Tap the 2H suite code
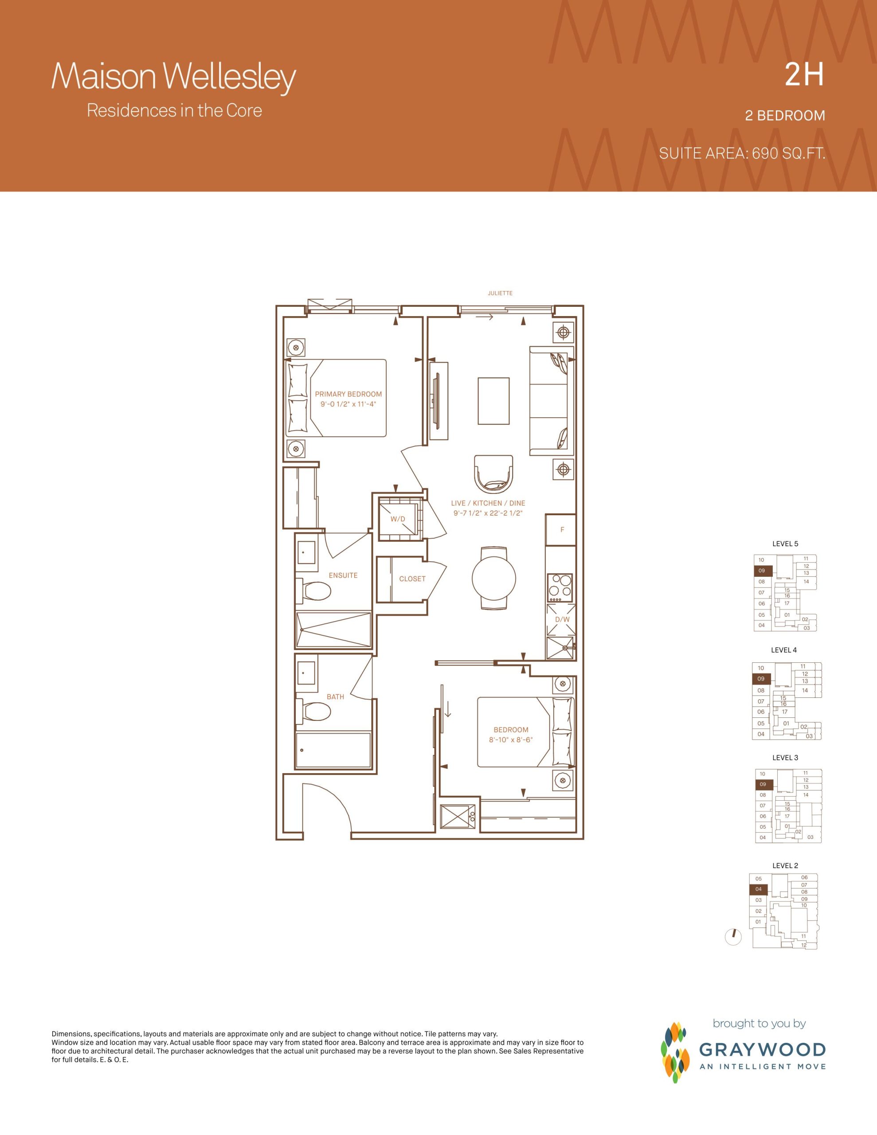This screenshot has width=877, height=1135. pos(804,76)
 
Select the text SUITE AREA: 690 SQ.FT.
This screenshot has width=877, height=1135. pos(742,153)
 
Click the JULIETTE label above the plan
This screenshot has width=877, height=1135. pos(500,293)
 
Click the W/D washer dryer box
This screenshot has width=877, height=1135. pos(398,519)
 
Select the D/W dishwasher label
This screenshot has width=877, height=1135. pos(562,619)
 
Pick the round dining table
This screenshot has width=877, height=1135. pos(494,577)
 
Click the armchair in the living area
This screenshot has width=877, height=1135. pos(494,474)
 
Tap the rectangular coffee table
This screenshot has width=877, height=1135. pos(493,401)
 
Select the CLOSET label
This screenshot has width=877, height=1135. pos(412,579)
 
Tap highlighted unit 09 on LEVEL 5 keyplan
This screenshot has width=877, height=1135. pos(763,571)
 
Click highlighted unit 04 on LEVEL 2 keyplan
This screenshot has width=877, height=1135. pos(759,889)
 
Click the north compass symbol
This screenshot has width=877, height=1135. pos(733,937)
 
